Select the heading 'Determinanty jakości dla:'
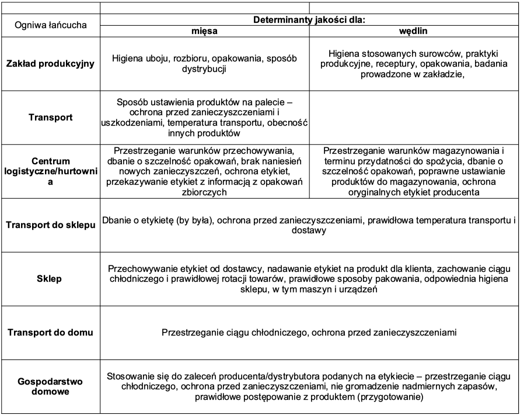309,19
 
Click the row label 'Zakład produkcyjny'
50,64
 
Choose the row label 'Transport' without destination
50,116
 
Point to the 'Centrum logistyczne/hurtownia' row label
50,171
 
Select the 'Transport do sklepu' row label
50,225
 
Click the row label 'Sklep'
50,279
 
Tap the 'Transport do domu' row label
50,333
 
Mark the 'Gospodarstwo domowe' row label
50,386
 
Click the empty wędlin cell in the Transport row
414,116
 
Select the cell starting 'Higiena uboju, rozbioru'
205,64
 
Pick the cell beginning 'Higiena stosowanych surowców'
414,64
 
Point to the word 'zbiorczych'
204,192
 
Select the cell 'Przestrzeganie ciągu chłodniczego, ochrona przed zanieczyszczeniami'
309,333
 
